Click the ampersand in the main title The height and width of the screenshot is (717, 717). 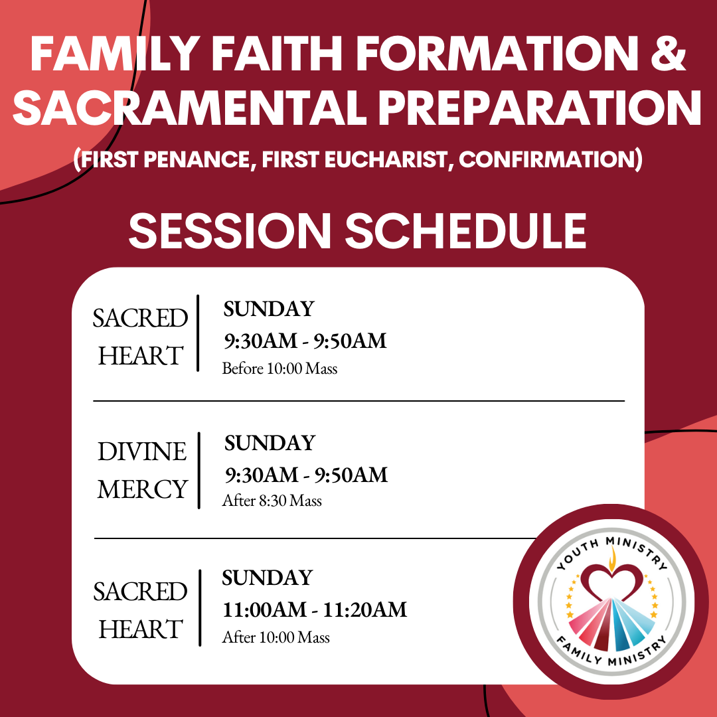(x=668, y=53)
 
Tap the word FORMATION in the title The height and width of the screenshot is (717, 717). (x=497, y=53)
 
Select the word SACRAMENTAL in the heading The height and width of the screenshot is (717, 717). (x=190, y=108)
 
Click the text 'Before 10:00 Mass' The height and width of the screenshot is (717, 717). (x=279, y=368)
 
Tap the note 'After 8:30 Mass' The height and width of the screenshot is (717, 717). (x=272, y=501)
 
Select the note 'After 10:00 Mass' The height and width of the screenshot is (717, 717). (x=276, y=637)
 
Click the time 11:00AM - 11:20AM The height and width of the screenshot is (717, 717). (x=315, y=609)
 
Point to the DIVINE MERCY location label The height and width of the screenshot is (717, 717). (x=142, y=470)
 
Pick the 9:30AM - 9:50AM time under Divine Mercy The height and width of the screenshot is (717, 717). (x=306, y=475)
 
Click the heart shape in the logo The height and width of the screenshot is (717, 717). (x=612, y=582)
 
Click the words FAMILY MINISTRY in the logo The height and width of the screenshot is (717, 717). (x=611, y=651)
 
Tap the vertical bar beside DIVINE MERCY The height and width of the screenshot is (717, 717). (x=199, y=470)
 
